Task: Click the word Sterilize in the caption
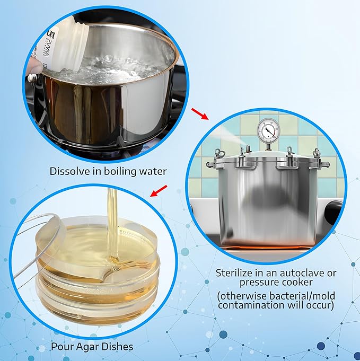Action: (235, 273)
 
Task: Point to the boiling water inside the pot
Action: (117, 69)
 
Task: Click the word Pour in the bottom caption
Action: (60, 347)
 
